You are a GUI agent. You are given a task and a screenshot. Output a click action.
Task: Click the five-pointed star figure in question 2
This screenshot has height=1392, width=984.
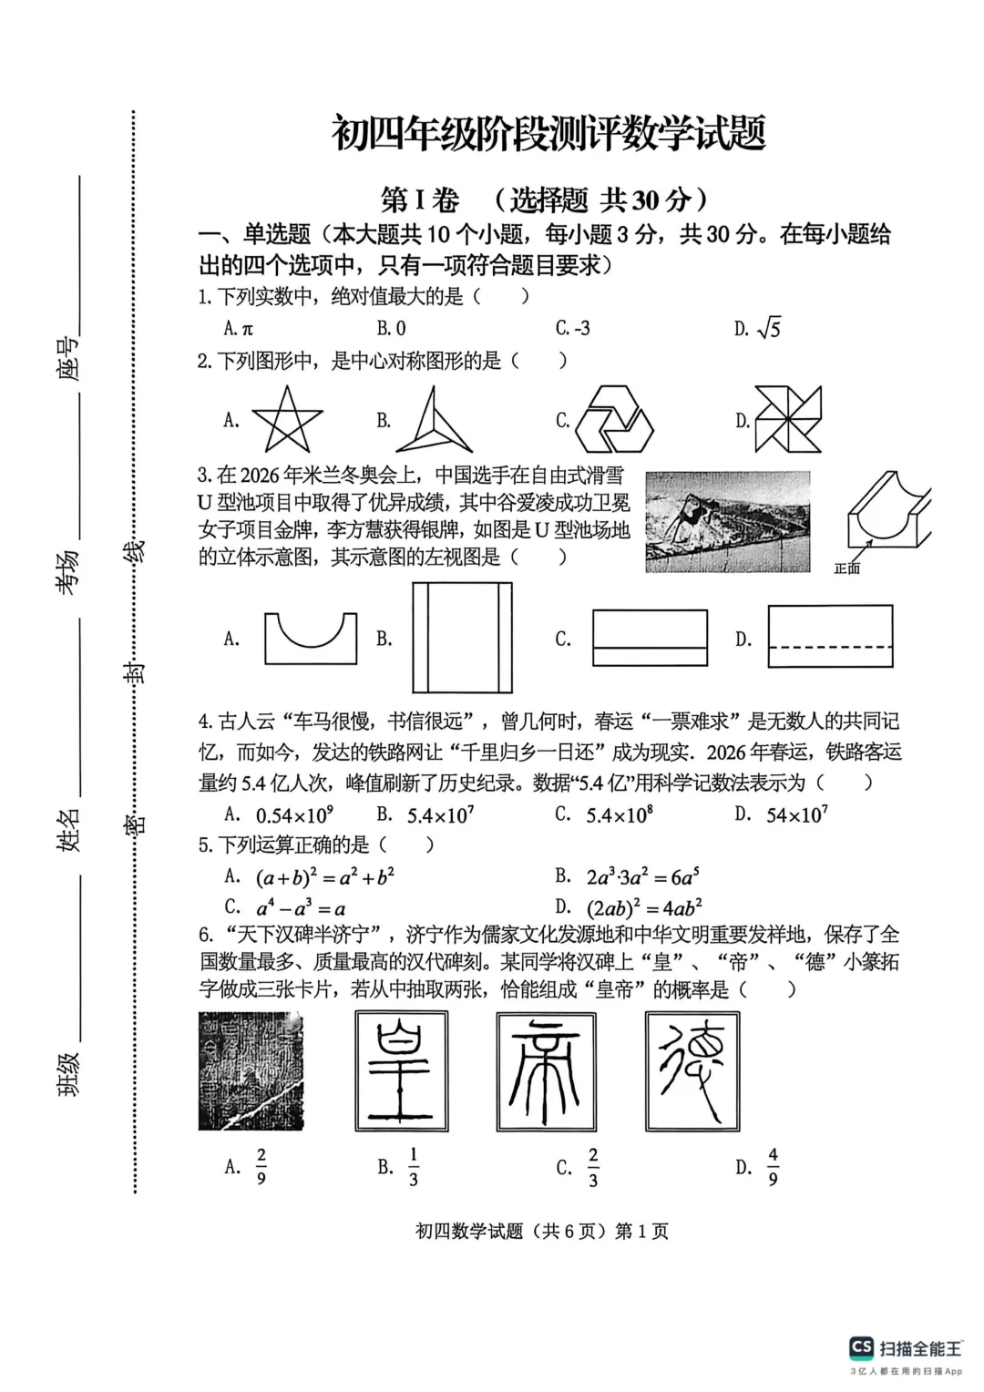coord(287,420)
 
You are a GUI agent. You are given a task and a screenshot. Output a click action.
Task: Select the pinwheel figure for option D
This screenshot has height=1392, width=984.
coord(788,419)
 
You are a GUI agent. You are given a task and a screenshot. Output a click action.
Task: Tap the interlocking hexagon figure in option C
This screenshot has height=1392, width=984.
coord(619,419)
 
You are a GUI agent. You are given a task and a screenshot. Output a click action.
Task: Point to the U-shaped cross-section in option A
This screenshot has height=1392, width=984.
coord(310,638)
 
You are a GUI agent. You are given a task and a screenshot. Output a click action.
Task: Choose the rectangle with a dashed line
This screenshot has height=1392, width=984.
coord(830,637)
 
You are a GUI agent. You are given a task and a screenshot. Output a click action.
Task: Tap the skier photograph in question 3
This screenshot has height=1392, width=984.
coord(727,521)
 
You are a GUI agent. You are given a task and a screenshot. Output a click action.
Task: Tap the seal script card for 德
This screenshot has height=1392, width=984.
coord(692,1070)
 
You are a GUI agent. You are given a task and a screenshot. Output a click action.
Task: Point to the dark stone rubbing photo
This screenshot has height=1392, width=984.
coord(251,1070)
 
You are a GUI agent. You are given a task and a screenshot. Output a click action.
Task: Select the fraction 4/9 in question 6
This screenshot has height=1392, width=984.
coord(773,1167)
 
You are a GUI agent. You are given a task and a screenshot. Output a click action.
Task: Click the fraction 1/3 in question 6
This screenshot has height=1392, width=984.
coord(413,1167)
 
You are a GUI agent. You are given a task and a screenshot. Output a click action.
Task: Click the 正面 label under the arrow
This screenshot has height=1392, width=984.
coord(846,568)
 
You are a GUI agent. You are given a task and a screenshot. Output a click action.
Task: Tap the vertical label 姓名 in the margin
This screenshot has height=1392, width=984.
coord(69,829)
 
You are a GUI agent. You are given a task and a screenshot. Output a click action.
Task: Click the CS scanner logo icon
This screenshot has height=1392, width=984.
coord(861,1347)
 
